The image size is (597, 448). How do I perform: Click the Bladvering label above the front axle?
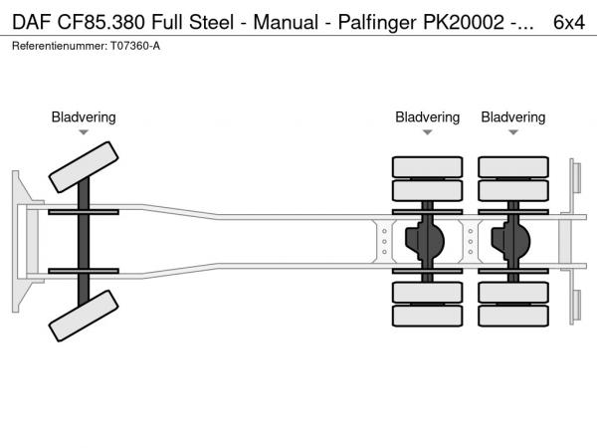click(84, 117)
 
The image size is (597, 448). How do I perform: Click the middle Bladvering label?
click(427, 117)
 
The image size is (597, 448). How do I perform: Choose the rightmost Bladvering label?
click(513, 117)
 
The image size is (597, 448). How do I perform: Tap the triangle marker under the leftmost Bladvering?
click(84, 132)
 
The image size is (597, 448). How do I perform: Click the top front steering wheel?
click(84, 165)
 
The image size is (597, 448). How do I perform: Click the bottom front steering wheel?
click(84, 320)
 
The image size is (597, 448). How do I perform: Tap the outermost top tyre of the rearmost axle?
click(513, 166)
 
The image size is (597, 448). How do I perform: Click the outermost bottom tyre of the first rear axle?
click(427, 317)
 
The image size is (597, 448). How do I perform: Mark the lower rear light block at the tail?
click(575, 306)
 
